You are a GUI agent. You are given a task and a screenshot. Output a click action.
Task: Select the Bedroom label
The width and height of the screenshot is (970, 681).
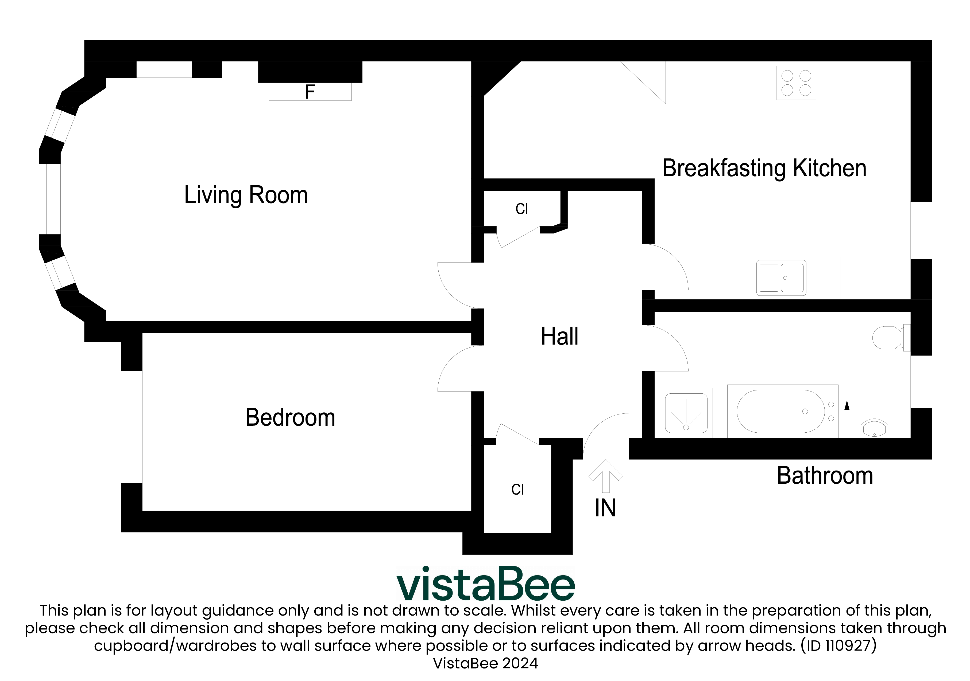[290, 418]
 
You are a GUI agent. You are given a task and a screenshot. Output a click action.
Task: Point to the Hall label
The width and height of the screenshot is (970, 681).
[559, 336]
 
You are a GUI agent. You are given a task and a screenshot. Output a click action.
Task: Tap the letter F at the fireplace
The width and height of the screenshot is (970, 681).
[310, 92]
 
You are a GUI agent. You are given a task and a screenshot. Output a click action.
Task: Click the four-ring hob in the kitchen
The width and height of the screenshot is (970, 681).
[796, 83]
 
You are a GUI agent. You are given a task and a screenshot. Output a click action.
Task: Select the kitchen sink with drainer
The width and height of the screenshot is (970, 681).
[781, 278]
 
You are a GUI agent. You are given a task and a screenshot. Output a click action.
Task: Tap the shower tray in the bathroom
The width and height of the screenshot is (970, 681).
[686, 413]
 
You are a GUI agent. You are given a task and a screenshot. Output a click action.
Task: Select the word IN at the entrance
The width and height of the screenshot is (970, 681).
[605, 508]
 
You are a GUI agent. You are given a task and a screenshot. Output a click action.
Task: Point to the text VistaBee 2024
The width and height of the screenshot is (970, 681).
[485, 663]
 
